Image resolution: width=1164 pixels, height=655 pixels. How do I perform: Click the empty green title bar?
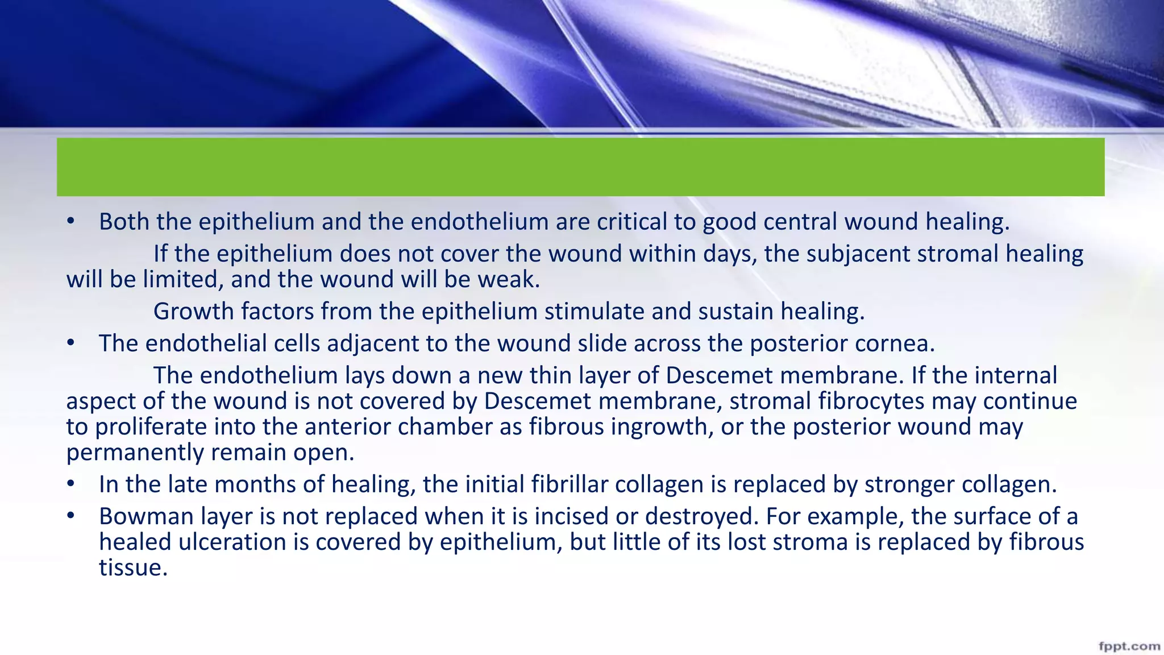click(x=580, y=167)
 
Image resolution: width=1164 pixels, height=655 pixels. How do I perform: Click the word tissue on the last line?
click(x=132, y=567)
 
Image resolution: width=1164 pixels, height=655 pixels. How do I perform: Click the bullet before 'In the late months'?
click(x=70, y=484)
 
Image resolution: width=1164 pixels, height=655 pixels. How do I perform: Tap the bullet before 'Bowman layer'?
click(x=70, y=516)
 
